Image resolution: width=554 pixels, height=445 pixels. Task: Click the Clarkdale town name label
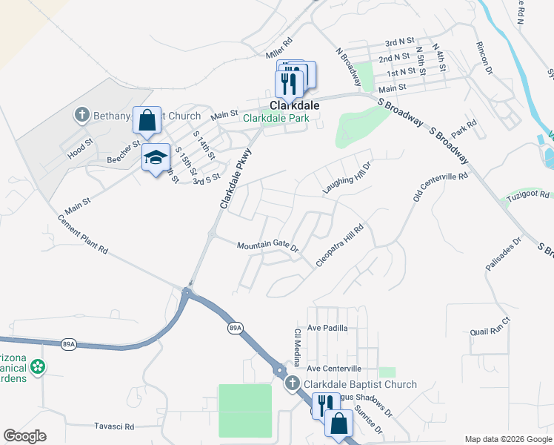pos(294,106)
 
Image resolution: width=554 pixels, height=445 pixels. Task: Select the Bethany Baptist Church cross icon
pos(81,115)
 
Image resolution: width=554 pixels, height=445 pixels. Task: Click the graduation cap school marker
pos(156,158)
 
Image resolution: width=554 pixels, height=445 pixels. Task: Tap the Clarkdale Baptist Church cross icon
pos(293,384)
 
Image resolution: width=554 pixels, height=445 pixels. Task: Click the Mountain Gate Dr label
pos(267,246)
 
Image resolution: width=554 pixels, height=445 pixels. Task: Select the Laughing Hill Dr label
pos(346,177)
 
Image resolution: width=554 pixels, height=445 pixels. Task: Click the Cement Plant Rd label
pos(83,235)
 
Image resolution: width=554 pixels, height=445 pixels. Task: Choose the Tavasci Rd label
pos(114,426)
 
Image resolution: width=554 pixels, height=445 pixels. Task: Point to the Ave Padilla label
pos(327,327)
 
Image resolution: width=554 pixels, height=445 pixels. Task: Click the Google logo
pos(25,436)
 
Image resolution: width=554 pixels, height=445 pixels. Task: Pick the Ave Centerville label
pos(334,368)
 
